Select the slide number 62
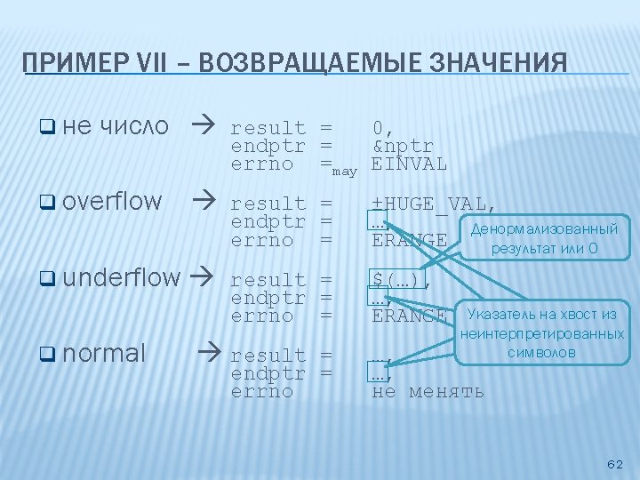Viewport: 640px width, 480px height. (x=614, y=464)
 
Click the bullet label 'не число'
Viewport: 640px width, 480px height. (x=116, y=126)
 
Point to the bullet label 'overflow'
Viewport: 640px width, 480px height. (x=113, y=202)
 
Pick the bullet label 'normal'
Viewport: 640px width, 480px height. (x=104, y=353)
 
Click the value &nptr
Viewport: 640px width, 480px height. (x=403, y=147)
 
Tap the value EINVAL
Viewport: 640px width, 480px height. (x=409, y=164)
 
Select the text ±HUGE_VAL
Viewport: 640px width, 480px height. (x=434, y=204)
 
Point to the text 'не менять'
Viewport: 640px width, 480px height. (x=428, y=391)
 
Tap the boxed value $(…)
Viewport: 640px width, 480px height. (x=397, y=281)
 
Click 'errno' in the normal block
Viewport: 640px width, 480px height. (x=262, y=391)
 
